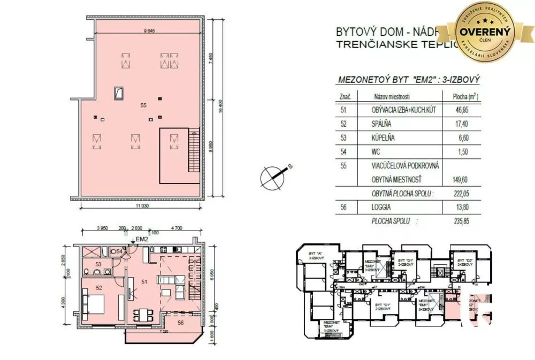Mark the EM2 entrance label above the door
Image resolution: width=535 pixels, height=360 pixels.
141,239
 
